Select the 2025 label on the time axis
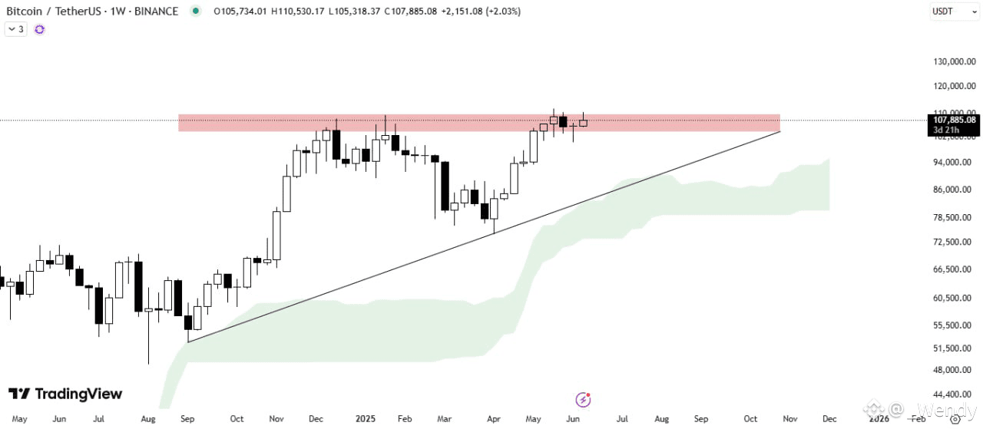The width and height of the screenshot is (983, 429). click(x=366, y=419)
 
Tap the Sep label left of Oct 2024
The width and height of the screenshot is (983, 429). click(x=187, y=419)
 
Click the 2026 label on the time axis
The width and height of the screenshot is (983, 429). click(x=879, y=419)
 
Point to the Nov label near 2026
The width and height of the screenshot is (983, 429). click(x=789, y=419)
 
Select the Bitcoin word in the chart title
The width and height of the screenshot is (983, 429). click(x=25, y=11)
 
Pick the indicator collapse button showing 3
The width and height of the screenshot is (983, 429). click(x=15, y=29)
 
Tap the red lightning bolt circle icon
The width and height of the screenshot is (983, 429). click(x=584, y=399)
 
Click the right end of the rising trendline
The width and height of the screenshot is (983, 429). click(x=779, y=132)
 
